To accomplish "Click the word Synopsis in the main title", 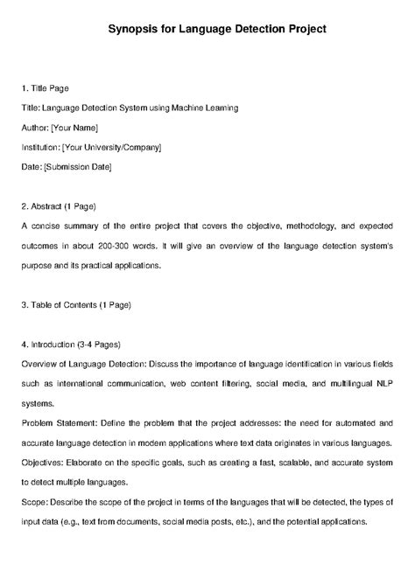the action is click(x=138, y=29).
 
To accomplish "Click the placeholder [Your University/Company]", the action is click(x=112, y=147).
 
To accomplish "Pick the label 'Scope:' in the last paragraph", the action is click(x=34, y=502).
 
